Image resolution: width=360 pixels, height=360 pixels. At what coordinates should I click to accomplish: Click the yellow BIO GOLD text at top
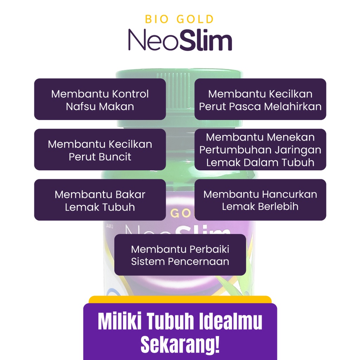pyautogui.click(x=180, y=19)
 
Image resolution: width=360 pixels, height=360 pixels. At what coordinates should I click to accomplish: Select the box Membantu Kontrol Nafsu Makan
pyautogui.click(x=100, y=99)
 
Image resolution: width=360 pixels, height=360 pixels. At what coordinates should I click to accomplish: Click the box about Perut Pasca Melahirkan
pyautogui.click(x=260, y=99)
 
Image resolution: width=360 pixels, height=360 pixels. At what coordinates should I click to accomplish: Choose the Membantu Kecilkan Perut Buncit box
pyautogui.click(x=100, y=150)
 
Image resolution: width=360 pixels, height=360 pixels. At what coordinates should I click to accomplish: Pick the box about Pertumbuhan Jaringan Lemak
pyautogui.click(x=260, y=150)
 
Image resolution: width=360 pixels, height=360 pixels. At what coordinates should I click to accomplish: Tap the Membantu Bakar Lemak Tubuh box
pyautogui.click(x=100, y=200)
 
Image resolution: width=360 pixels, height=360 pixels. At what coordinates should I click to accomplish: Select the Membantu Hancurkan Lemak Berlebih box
pyautogui.click(x=260, y=200)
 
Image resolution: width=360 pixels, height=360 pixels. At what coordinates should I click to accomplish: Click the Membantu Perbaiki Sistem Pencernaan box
pyautogui.click(x=180, y=255)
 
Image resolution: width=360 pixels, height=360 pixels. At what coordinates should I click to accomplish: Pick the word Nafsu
pyautogui.click(x=79, y=107)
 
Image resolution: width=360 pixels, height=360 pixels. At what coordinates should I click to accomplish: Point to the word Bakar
pyautogui.click(x=130, y=194)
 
